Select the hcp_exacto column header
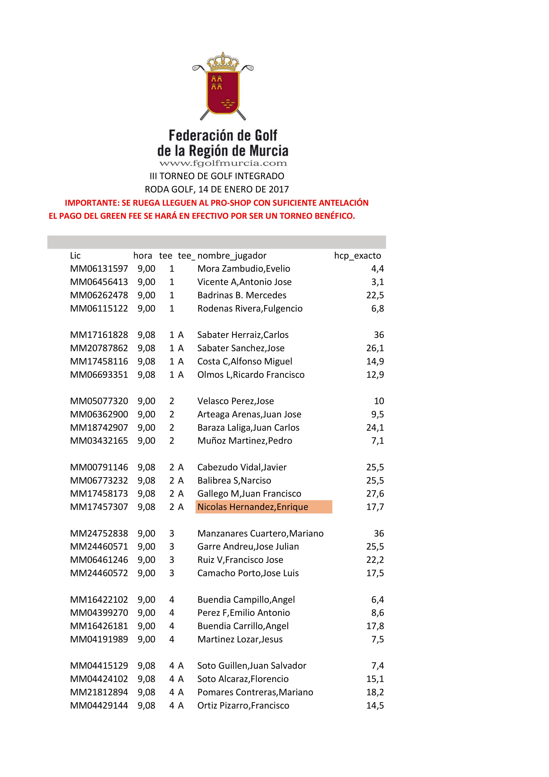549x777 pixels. click(x=358, y=256)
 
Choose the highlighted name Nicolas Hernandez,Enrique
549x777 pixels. click(x=253, y=507)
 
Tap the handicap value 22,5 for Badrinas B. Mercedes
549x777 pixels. click(x=375, y=295)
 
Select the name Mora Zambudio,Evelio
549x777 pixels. click(x=244, y=269)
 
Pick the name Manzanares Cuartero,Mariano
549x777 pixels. click(x=260, y=533)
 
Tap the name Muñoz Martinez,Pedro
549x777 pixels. click(x=245, y=441)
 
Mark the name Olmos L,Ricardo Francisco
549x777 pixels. click(x=251, y=375)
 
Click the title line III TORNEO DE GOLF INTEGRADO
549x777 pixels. click(x=217, y=176)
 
